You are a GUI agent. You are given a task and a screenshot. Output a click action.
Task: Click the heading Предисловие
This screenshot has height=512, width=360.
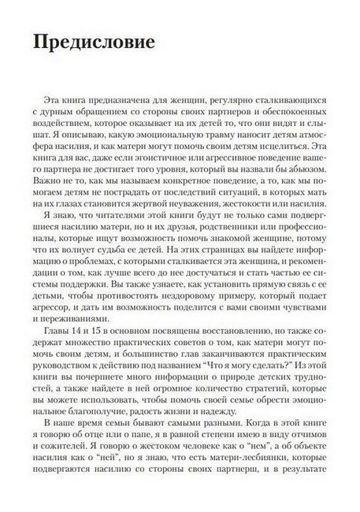tap(94, 44)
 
